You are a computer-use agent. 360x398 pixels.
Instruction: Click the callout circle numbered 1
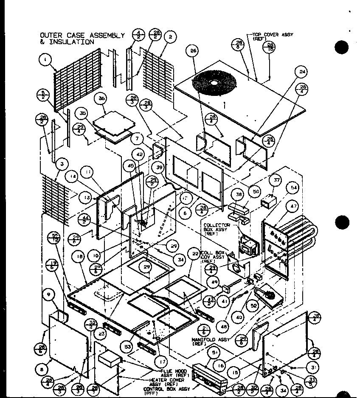pos(45,60)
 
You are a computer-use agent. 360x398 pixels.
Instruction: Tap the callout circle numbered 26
pos(194,51)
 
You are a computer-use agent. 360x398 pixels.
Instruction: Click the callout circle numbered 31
pos(313,367)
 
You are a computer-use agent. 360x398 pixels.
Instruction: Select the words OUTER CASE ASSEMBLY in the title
pos(82,35)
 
